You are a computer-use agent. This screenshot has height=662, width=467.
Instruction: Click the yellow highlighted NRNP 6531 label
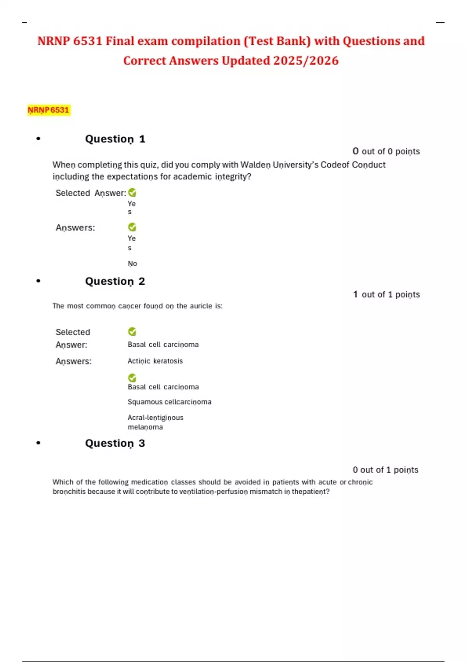[48, 110]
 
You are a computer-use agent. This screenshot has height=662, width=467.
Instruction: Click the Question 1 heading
[115, 139]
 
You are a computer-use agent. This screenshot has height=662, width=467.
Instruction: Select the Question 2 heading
[115, 281]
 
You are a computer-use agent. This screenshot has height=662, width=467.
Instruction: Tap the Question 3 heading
[115, 443]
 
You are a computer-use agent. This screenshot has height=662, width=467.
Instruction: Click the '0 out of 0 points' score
[386, 151]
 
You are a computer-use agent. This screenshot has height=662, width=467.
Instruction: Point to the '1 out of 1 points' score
[386, 294]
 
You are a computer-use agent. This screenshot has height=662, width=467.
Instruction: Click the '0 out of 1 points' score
[385, 470]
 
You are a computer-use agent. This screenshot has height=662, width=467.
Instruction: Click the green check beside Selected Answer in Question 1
[132, 192]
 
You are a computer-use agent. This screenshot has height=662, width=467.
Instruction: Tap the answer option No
[132, 264]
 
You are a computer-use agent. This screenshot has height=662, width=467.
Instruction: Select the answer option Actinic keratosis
[155, 361]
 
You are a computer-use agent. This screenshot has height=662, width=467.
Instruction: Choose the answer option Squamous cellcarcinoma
[169, 402]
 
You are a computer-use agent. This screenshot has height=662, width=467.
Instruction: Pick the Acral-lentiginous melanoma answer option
[155, 422]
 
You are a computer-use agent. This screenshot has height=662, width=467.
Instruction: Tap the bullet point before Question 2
[38, 281]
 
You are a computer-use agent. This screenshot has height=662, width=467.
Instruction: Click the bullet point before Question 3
[38, 443]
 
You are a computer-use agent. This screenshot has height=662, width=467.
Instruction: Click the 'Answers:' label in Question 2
[74, 361]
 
